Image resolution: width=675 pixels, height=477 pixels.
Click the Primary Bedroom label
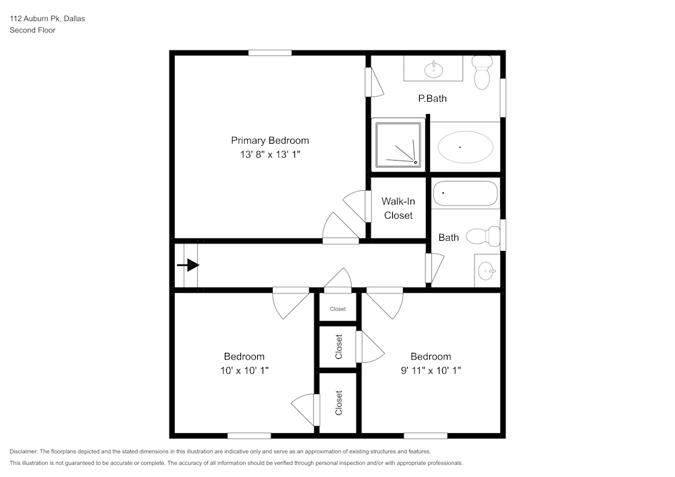coord(270,140)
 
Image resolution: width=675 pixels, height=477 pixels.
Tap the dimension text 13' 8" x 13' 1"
coord(270,155)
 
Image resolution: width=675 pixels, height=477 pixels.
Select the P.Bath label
coord(432,99)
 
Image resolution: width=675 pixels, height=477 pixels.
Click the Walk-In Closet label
coord(398,208)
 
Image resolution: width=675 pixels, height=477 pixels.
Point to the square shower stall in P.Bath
coord(399,144)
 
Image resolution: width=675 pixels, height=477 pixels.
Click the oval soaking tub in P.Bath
coord(465,146)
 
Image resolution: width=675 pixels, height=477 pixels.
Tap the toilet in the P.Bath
coord(481,72)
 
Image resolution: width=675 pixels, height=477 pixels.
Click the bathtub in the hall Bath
coord(465,194)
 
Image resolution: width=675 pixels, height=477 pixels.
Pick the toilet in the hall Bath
coord(483,236)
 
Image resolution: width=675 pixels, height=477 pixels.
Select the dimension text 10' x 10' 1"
coord(244,370)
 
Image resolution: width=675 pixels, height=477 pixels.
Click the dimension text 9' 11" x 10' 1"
coord(431,370)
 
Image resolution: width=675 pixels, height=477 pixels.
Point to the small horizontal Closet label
coord(337,309)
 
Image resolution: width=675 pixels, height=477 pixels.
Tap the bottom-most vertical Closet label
coord(339,403)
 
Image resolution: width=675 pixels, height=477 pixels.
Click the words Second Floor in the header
coord(32,30)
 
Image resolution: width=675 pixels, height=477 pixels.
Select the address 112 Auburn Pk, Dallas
coord(47,19)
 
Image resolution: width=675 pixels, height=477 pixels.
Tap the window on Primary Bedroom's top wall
coord(269,53)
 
